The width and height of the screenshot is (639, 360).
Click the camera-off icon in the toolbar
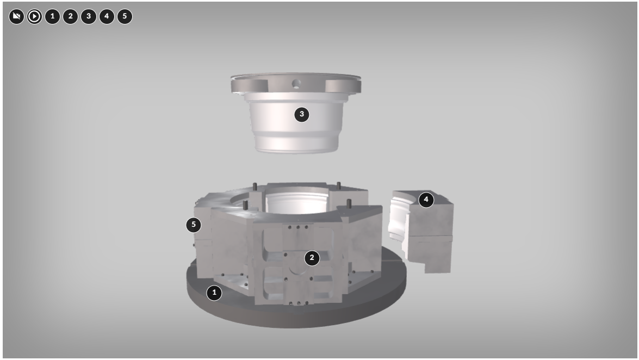click(16, 16)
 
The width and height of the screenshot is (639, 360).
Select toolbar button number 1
click(52, 16)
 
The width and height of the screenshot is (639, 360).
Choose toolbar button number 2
click(71, 16)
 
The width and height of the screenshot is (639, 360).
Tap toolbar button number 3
click(89, 16)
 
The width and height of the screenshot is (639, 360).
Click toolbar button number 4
click(107, 16)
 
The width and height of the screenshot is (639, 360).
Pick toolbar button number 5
click(125, 16)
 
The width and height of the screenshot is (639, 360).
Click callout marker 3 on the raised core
click(302, 114)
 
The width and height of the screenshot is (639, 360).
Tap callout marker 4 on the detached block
click(426, 200)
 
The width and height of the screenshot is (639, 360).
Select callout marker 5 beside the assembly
click(194, 225)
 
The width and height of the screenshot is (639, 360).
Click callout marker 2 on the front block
click(312, 258)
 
